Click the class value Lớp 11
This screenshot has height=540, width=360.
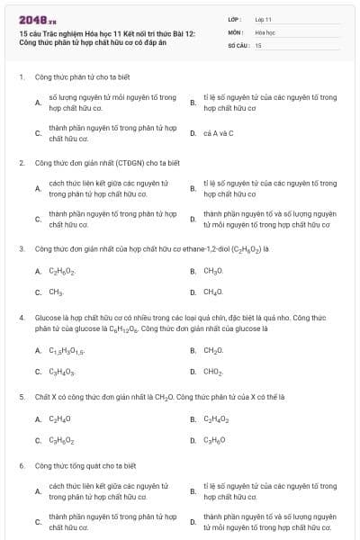coord(264,18)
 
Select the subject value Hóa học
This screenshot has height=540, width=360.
coord(265,31)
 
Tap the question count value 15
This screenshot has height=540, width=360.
coord(258,44)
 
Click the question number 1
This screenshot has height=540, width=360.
coord(21,76)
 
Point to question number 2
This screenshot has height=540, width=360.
coord(21,163)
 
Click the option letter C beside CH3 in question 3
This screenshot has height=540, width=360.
coord(38,292)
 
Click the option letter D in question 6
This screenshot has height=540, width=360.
coord(193,522)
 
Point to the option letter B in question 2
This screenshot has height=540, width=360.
coord(193,188)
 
